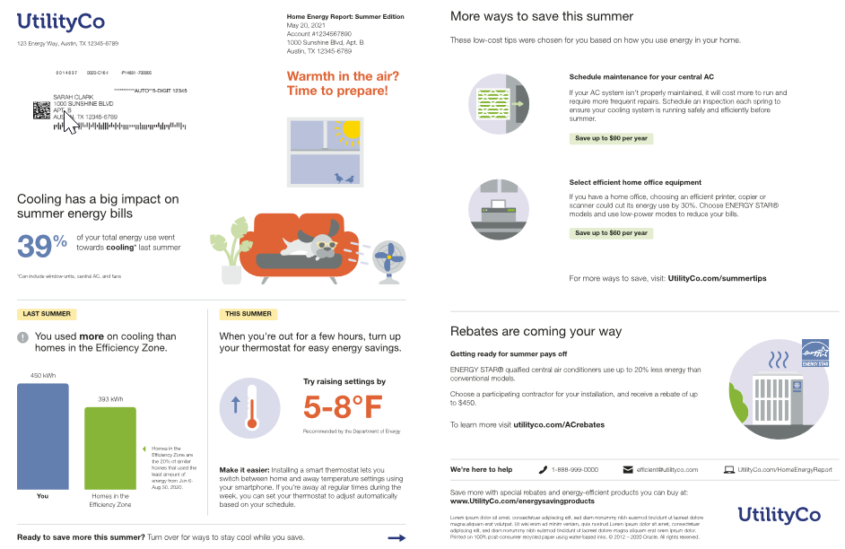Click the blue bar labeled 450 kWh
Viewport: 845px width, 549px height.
[43, 436]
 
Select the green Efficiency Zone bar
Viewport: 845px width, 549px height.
[110, 448]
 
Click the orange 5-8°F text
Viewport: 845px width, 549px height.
[343, 407]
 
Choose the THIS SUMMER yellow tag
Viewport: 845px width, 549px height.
[248, 314]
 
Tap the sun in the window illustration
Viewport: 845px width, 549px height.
[347, 131]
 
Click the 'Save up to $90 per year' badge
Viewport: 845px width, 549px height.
[611, 138]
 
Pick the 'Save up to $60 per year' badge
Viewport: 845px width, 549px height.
[611, 233]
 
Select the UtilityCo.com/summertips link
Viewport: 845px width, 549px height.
[717, 279]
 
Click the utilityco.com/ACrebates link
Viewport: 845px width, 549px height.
[559, 423]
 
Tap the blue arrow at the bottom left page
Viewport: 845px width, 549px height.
[396, 537]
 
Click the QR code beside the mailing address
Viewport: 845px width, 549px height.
[41, 110]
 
